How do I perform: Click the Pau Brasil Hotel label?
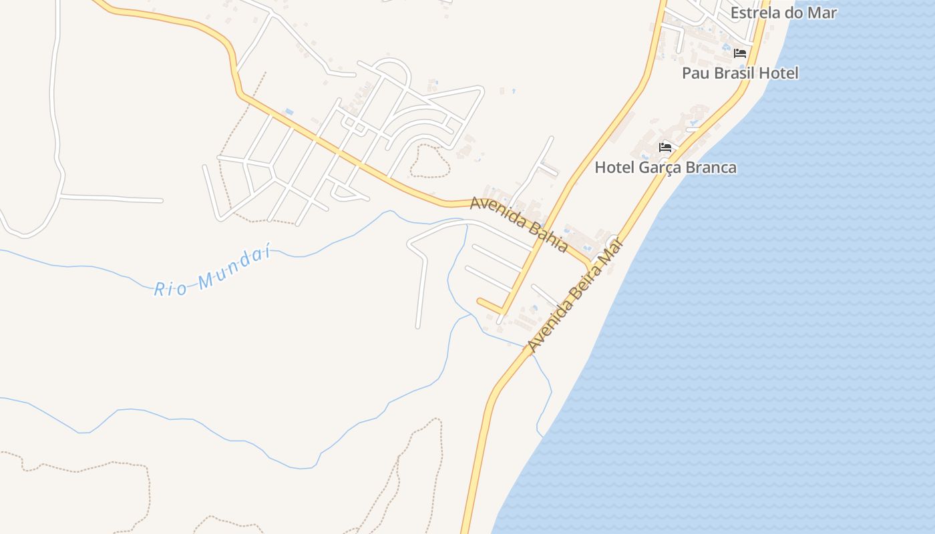tap(740, 73)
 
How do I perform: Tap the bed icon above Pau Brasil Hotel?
tap(740, 53)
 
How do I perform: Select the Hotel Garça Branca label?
tap(666, 168)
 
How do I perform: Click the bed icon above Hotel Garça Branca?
tap(665, 148)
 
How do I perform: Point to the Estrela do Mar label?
tap(783, 12)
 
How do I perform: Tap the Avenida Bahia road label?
tap(519, 224)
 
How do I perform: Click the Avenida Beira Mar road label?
tap(575, 295)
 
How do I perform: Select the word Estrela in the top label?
tap(753, 12)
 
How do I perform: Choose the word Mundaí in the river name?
tap(234, 266)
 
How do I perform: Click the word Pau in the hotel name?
tap(694, 73)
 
